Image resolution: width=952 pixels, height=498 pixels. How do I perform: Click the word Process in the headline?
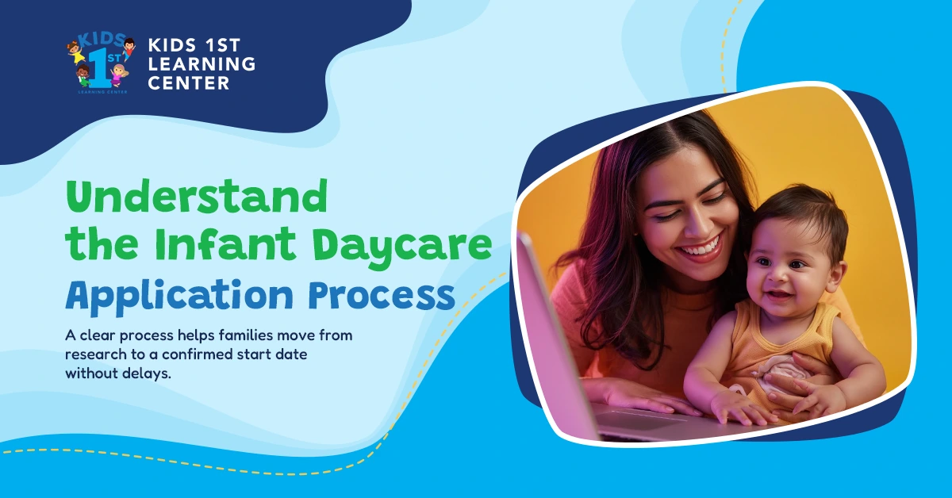(x=382, y=294)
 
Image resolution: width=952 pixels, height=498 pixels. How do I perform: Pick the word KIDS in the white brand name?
(x=177, y=45)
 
